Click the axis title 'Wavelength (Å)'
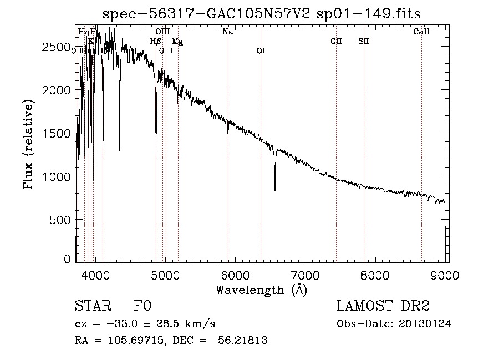[261, 290]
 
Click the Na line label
[227, 32]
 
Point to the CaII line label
[421, 32]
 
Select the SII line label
[364, 41]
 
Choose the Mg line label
[177, 41]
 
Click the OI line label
[261, 50]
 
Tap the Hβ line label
[155, 41]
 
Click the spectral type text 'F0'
[142, 306]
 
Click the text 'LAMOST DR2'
[383, 306]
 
